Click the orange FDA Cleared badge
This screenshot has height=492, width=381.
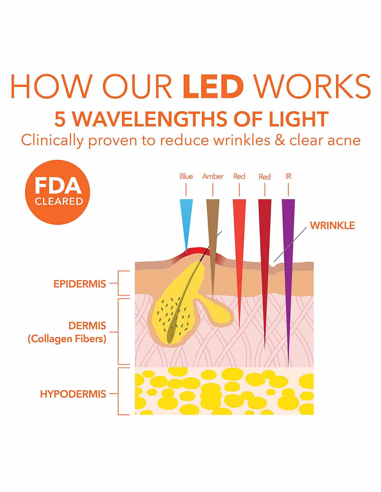[x=57, y=192]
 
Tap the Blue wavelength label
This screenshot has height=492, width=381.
[x=186, y=176]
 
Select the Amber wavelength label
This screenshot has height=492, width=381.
[x=213, y=176]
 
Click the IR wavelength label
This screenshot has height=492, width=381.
[x=288, y=176]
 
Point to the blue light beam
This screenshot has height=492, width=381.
[x=186, y=218]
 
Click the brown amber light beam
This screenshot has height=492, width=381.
[x=213, y=228]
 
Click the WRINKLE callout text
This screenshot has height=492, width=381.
[x=332, y=225]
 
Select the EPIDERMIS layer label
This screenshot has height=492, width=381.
[x=80, y=284]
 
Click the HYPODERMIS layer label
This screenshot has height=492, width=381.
[x=73, y=394]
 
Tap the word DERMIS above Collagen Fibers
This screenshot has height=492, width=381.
[x=87, y=326]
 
